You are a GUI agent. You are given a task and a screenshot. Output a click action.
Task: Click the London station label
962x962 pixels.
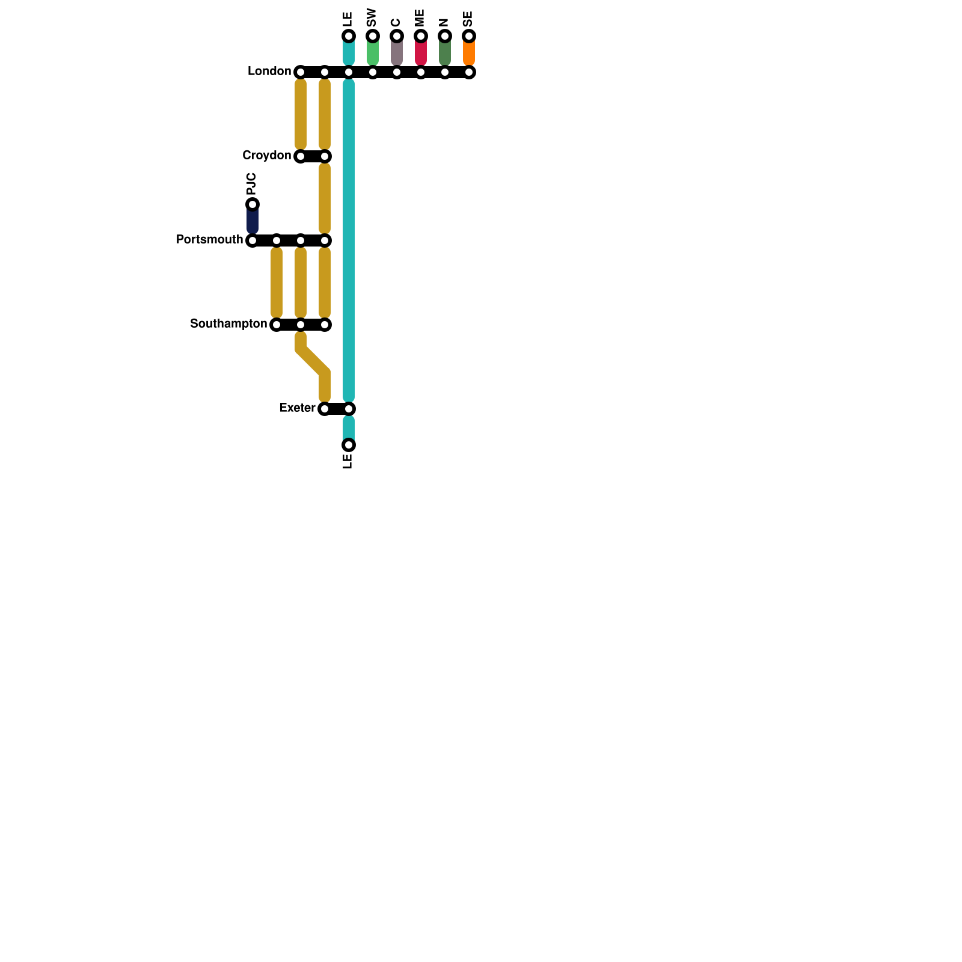(x=269, y=72)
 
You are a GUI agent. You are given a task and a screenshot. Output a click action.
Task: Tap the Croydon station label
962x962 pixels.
(x=266, y=156)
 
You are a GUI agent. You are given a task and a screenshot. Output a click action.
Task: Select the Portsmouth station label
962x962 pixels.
(x=209, y=240)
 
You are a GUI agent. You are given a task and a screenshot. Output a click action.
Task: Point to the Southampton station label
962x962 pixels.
(x=228, y=324)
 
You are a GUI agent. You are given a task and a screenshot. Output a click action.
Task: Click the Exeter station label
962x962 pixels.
(x=297, y=408)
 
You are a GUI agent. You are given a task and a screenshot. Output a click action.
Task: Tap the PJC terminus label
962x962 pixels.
(x=252, y=183)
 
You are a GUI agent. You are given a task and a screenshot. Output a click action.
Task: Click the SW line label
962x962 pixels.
(x=372, y=18)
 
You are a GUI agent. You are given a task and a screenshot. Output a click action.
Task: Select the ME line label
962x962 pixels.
(x=420, y=18)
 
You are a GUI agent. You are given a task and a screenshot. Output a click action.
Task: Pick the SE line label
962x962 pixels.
(x=468, y=19)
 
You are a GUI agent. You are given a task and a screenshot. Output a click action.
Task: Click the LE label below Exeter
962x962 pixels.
(x=348, y=461)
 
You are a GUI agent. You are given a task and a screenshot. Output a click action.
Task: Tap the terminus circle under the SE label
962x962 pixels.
(x=469, y=36)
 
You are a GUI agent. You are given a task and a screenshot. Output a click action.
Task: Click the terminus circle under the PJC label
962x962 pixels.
(x=253, y=204)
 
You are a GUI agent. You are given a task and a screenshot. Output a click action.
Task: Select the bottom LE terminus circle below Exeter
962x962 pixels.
(x=349, y=445)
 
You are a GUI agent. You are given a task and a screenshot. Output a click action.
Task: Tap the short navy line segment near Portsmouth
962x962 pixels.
(x=253, y=221)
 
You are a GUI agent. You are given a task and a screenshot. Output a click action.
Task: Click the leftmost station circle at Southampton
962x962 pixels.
(x=277, y=325)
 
